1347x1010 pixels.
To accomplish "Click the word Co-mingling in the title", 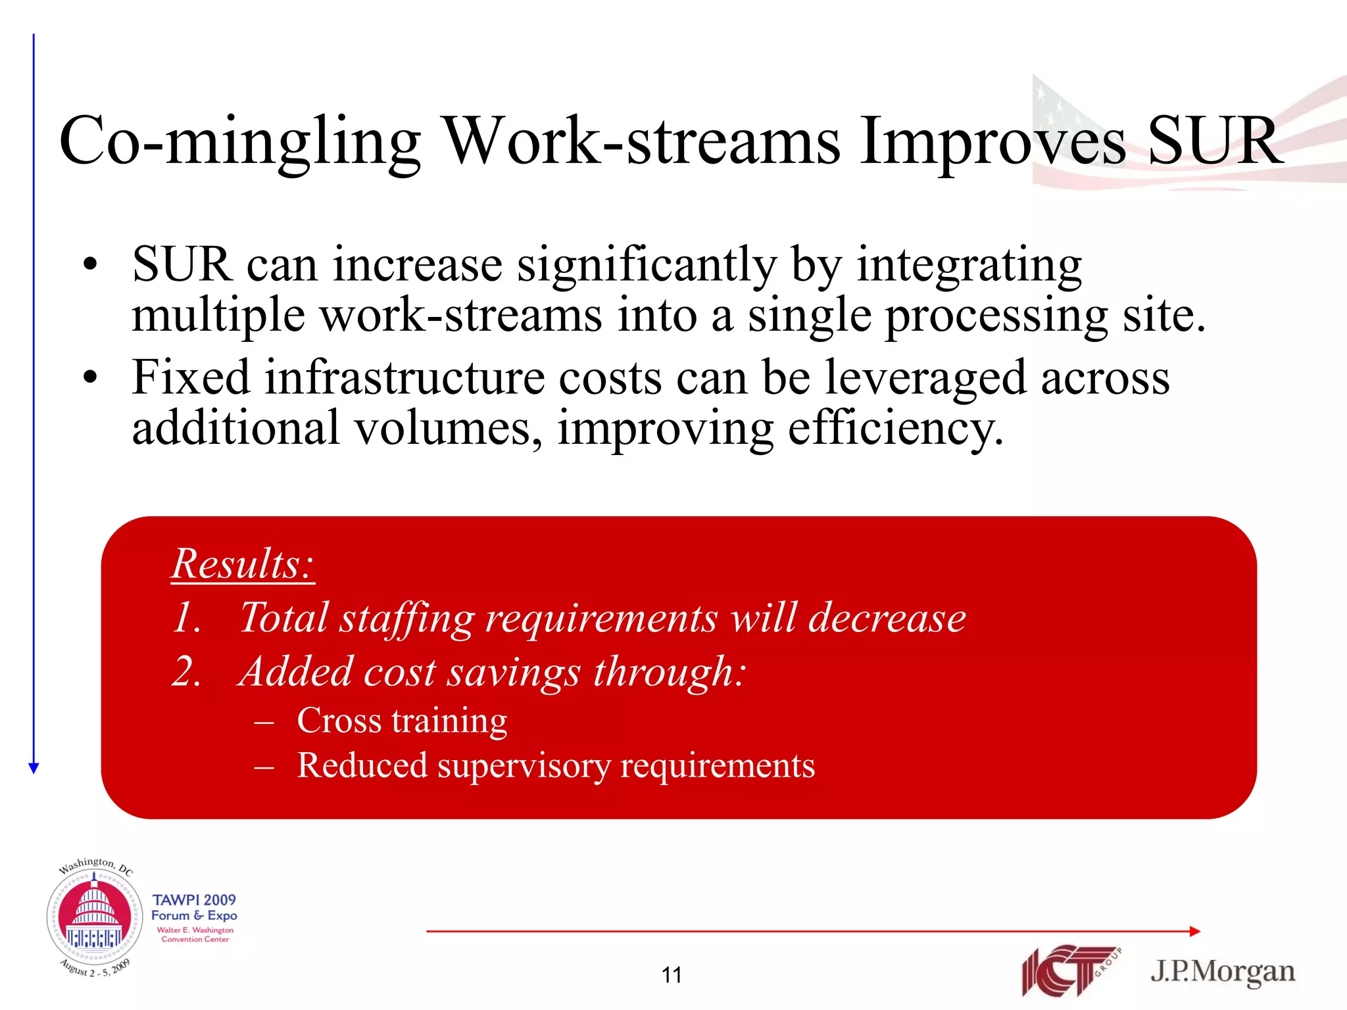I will [240, 141].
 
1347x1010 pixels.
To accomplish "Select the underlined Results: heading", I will [243, 564].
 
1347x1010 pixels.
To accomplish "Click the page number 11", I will [672, 974].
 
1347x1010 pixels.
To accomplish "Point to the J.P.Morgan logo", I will [1222, 972].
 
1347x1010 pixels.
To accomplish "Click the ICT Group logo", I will [1069, 970].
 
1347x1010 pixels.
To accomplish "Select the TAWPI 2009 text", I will [194, 900].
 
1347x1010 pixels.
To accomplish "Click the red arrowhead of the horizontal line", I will [1195, 931].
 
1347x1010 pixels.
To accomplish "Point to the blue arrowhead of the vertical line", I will [34, 767].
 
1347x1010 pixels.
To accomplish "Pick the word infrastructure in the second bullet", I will [404, 379].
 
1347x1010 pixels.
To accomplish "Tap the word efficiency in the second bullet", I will [894, 429].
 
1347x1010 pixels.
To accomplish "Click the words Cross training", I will [402, 721].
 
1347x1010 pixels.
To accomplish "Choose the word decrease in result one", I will [887, 618].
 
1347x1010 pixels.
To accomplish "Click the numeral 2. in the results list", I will [186, 672].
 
